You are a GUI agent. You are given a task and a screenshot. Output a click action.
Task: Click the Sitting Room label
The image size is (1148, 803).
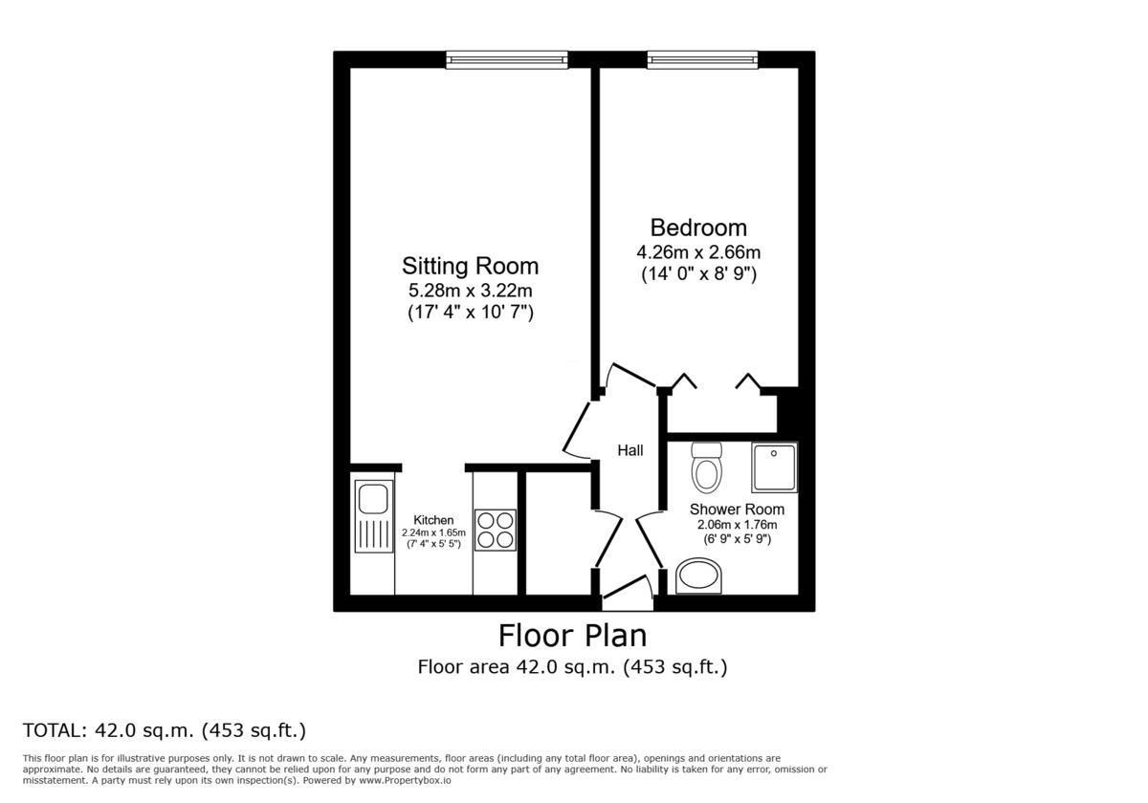[470, 266]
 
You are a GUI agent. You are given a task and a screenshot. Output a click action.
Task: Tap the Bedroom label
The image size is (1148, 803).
[698, 228]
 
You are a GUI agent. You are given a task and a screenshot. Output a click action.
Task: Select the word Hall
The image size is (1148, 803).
[629, 451]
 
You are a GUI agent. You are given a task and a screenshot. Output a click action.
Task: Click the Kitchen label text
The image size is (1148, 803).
[433, 520]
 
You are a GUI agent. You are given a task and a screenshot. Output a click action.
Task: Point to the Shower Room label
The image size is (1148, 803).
[737, 510]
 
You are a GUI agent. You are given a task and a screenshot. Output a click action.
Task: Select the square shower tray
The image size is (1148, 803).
[774, 467]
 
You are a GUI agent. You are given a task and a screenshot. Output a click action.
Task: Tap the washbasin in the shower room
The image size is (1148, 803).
[700, 576]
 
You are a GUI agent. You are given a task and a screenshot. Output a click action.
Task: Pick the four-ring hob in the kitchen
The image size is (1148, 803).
[496, 530]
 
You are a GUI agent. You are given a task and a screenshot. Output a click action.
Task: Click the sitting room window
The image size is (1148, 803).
[506, 59]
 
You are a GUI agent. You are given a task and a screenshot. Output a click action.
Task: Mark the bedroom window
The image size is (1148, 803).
[703, 59]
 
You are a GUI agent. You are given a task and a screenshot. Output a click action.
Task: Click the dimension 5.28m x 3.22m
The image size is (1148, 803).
[470, 290]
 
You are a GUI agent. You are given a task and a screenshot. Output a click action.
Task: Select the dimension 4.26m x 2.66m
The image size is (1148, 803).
[698, 252]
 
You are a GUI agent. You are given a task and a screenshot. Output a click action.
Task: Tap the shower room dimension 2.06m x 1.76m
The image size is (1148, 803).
[737, 525]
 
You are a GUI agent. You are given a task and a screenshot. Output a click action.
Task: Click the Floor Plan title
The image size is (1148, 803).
[572, 635]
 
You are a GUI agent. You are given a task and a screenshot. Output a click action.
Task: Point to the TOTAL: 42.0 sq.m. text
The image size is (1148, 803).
[164, 731]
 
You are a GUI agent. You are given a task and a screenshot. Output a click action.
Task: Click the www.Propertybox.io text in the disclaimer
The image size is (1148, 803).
[398, 780]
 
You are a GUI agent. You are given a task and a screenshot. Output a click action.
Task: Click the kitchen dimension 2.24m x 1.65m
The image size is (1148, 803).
[433, 532]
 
